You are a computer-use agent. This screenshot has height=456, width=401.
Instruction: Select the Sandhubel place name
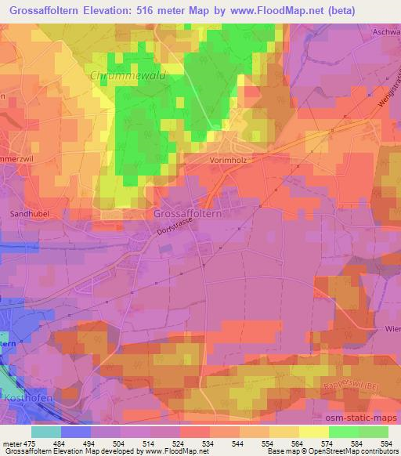[27, 213]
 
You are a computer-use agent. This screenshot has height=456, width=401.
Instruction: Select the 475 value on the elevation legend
[30, 443]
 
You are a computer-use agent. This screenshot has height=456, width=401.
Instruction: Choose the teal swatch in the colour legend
[46, 431]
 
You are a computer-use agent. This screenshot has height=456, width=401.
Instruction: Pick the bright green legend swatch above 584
[344, 431]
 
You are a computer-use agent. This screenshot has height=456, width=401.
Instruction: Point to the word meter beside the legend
[12, 443]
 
